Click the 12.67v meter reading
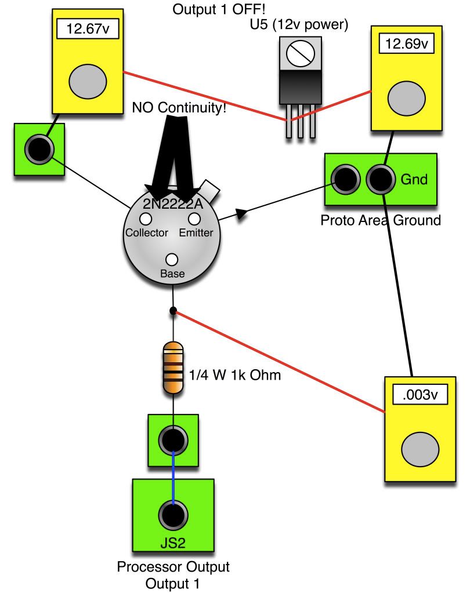pyautogui.click(x=87, y=30)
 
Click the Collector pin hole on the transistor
pyautogui.click(x=145, y=219)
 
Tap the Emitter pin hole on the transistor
pyautogui.click(x=194, y=219)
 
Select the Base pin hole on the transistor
pyautogui.click(x=171, y=260)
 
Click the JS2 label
pyautogui.click(x=173, y=543)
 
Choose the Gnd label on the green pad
pyautogui.click(x=414, y=180)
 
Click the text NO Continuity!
pyautogui.click(x=179, y=108)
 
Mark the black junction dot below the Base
pyautogui.click(x=173, y=311)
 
